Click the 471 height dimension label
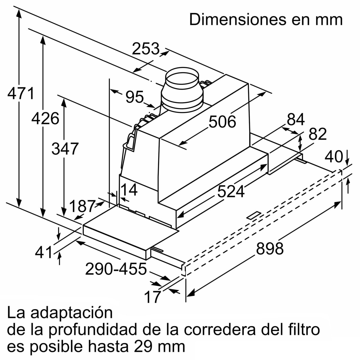click(x=21, y=94)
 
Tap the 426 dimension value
click(x=45, y=119)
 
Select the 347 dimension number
click(x=65, y=149)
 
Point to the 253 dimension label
click(x=146, y=49)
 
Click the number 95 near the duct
click(x=135, y=97)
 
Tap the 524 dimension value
click(x=231, y=191)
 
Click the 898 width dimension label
click(x=270, y=248)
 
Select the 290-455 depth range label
click(x=116, y=269)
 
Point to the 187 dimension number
click(x=82, y=206)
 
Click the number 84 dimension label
click(x=295, y=120)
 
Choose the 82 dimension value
click(x=317, y=134)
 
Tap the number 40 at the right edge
click(x=334, y=157)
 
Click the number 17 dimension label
click(x=153, y=297)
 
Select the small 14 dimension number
click(x=129, y=190)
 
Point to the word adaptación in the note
click(x=72, y=313)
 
